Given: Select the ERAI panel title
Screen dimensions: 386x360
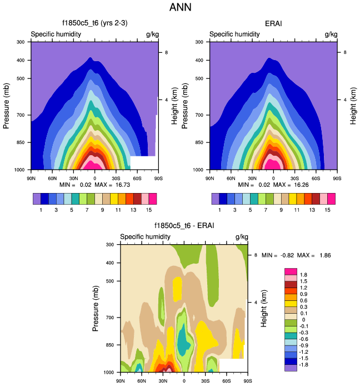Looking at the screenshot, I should point(274,24).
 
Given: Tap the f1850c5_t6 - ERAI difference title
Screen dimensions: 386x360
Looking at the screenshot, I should point(184,226).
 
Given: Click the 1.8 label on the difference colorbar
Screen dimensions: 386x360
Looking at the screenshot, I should point(304,275).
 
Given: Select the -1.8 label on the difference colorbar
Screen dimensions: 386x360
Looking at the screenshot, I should point(305,364).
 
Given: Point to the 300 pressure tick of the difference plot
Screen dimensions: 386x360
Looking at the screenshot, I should point(109,244).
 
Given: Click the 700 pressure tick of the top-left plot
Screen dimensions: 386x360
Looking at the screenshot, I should point(20,115).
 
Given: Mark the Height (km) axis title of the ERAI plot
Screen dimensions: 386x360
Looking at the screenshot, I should point(353,105).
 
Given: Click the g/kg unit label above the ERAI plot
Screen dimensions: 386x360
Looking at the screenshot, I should point(331,34).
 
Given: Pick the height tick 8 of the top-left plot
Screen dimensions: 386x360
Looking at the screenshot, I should point(164,52).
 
